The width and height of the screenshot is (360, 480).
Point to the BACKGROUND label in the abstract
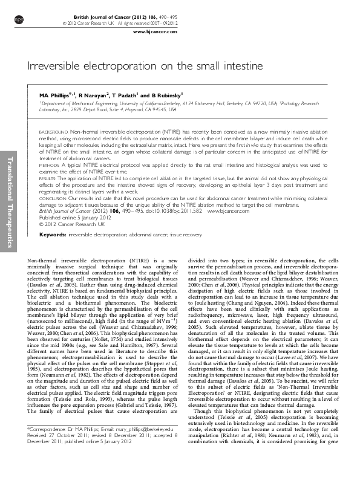tap(54, 131)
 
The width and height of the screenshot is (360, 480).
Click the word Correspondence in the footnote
tap(50, 445)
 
